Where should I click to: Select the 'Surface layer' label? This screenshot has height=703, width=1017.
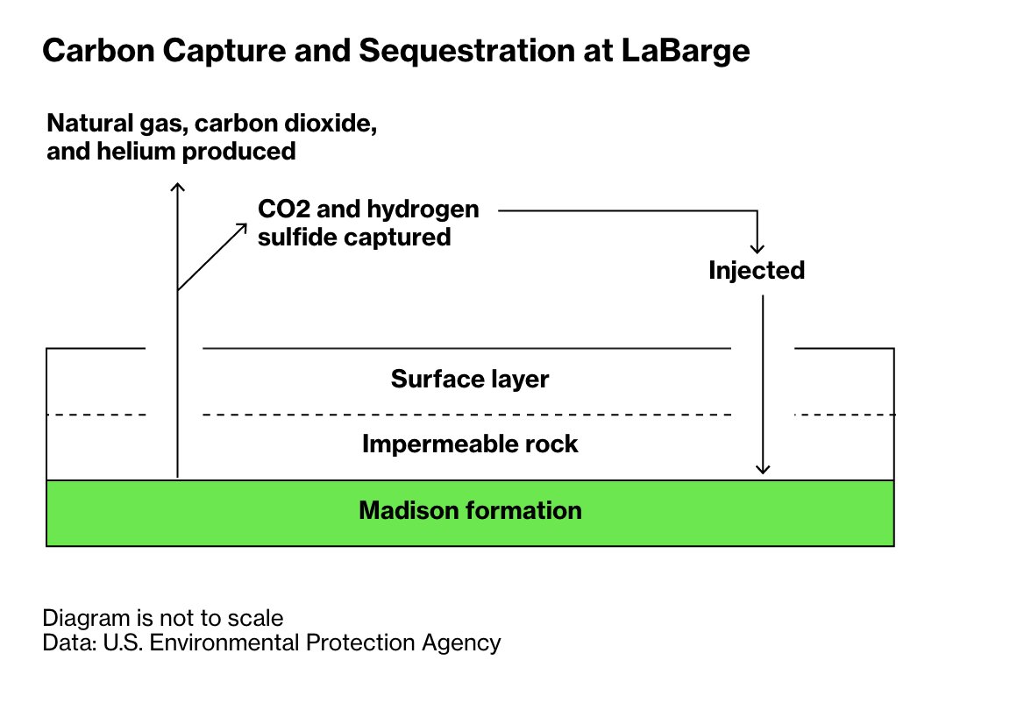(470, 380)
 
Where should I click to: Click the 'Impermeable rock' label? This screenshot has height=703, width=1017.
(470, 444)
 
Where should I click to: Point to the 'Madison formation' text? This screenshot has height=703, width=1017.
(470, 510)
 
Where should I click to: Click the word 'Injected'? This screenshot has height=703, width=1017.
(757, 271)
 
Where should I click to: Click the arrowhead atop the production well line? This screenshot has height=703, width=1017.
(178, 187)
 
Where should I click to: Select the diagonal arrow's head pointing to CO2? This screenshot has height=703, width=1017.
(243, 226)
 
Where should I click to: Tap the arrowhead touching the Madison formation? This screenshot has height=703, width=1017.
(764, 469)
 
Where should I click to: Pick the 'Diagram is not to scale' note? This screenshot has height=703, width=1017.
(163, 617)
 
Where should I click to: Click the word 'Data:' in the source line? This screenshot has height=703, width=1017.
(69, 643)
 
